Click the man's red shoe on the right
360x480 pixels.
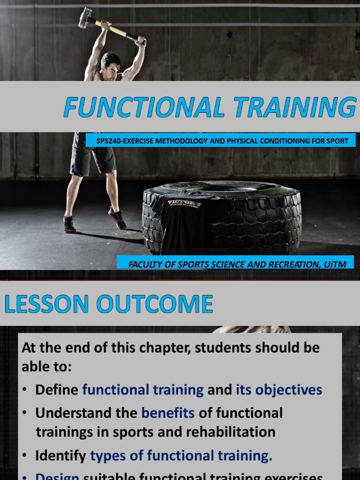point(117,218)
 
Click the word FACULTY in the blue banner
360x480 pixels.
point(144,264)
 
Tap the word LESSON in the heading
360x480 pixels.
point(46,304)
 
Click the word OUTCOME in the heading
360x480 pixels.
point(155,304)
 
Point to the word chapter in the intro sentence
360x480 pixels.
point(167,348)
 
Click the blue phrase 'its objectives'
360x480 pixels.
point(279,390)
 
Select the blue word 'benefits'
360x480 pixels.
point(168,412)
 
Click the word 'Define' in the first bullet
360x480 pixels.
point(57,390)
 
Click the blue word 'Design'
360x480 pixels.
point(57,476)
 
